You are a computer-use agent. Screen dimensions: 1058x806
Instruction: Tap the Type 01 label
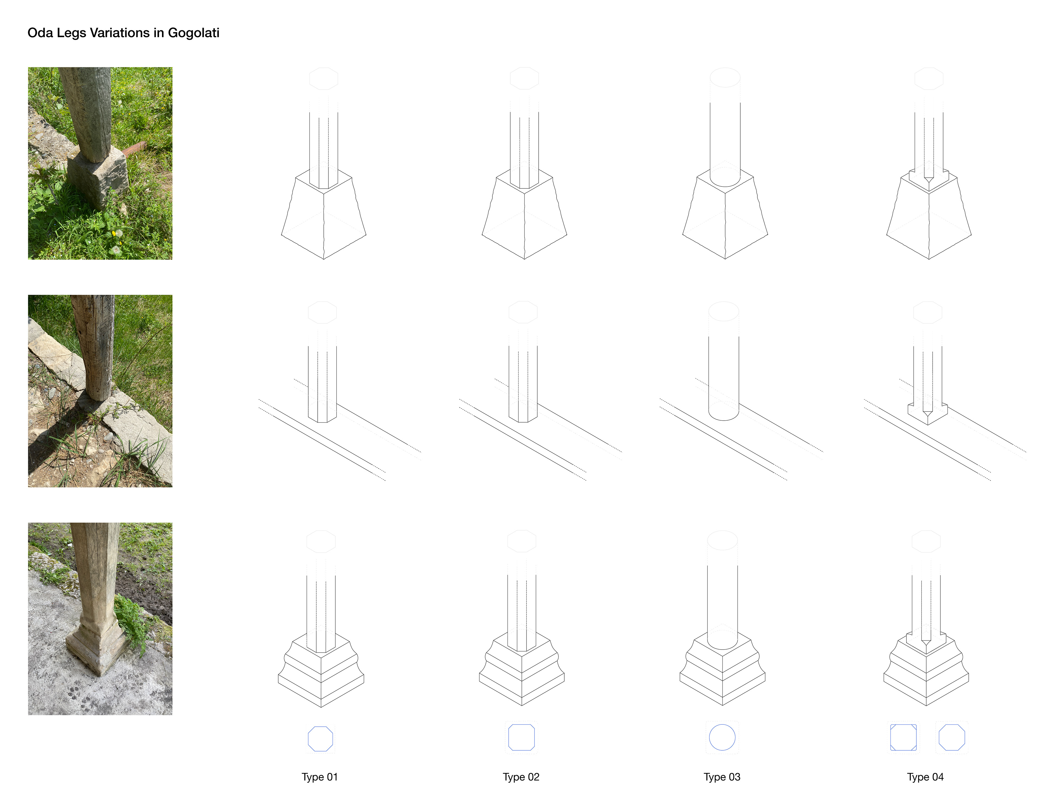pos(320,777)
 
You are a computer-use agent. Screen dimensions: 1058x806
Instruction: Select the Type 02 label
pos(521,777)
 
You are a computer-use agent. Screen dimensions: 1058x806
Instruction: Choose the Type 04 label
pos(925,777)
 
